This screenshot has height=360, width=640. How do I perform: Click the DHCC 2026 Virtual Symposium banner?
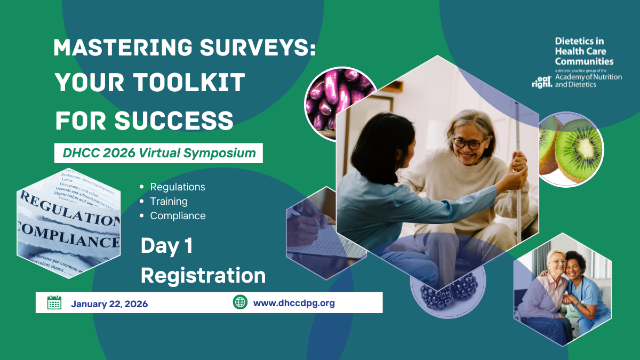[159, 153]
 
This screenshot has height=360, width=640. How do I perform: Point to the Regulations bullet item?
[178, 187]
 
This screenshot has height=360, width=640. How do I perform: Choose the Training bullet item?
[169, 202]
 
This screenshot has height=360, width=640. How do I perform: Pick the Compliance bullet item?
[178, 216]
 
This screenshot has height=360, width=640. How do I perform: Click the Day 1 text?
[166, 246]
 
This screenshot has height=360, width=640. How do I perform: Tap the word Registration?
[203, 276]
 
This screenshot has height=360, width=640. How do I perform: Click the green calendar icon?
[54, 303]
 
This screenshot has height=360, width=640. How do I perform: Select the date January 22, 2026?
[109, 304]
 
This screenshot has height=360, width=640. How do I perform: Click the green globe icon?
[240, 302]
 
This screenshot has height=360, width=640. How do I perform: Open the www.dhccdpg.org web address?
[294, 303]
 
